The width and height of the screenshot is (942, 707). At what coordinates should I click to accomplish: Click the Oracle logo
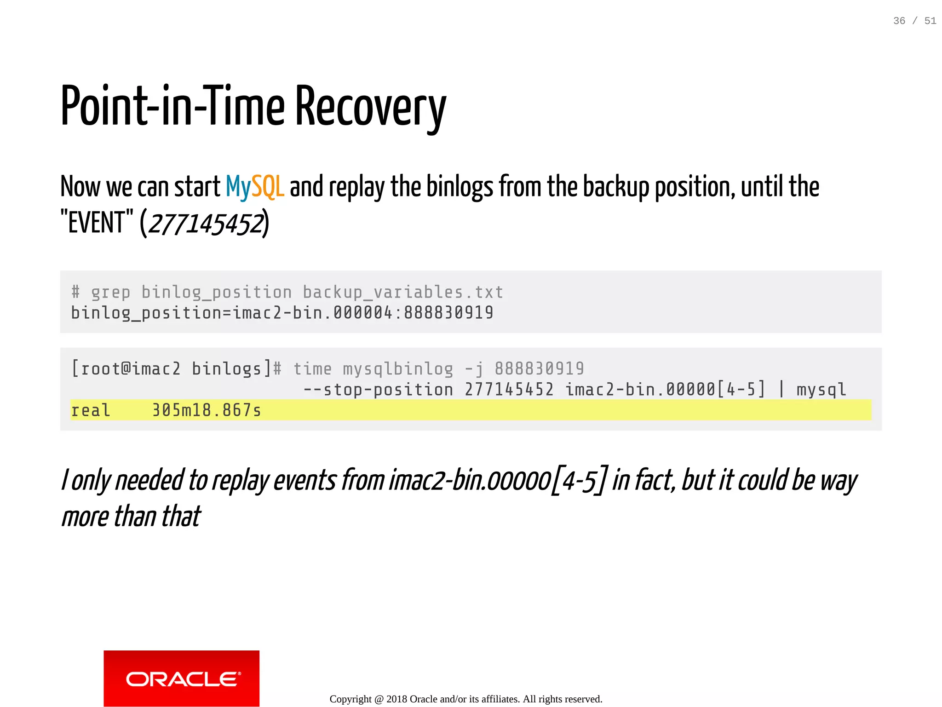point(181,678)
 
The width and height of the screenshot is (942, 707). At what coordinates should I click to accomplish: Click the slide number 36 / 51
point(914,21)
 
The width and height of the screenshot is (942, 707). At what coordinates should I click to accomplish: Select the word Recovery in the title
point(370,108)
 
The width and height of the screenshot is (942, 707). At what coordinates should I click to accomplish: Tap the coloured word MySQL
point(255,187)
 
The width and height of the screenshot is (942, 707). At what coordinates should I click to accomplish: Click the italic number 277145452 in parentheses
point(206,224)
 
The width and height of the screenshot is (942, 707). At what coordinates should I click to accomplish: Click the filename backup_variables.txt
point(403,292)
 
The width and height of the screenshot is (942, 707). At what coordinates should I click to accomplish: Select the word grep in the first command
point(110,292)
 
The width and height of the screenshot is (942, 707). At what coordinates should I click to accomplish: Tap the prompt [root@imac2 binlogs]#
point(176,368)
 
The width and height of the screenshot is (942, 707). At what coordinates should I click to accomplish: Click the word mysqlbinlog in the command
point(398,368)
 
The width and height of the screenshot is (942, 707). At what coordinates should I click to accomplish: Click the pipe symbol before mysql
point(781,389)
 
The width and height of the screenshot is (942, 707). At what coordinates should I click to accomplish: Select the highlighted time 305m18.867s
point(207,410)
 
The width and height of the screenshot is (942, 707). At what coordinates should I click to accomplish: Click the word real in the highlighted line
point(91,410)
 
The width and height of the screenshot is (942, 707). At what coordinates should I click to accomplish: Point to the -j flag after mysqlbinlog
point(474,368)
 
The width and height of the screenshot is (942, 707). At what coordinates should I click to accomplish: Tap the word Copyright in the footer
point(350,699)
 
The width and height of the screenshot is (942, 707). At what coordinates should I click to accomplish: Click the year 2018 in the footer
point(396,699)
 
